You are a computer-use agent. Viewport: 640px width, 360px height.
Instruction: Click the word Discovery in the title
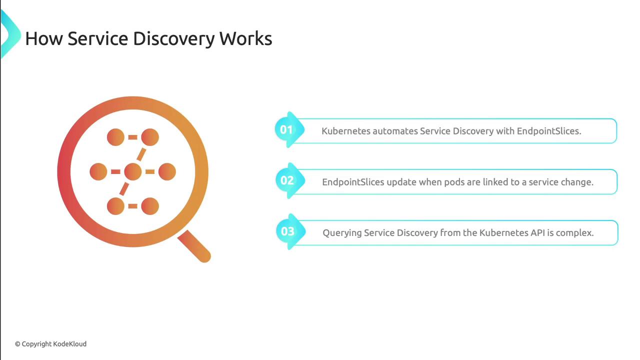click(173, 38)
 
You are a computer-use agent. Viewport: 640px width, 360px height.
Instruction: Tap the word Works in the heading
click(245, 38)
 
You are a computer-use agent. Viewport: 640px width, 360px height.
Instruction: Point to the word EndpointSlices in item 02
click(353, 182)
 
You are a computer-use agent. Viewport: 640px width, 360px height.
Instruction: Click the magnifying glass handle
click(194, 246)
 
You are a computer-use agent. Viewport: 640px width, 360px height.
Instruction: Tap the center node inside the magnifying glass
click(133, 171)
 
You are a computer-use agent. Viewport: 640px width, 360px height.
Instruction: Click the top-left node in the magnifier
click(115, 137)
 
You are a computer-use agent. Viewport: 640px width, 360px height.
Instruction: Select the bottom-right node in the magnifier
click(150, 206)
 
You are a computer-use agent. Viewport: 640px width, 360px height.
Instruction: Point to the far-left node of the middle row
click(98, 171)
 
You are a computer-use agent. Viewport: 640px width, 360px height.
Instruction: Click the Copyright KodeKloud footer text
click(50, 344)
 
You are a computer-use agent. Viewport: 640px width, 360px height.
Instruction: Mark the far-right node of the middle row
click(167, 171)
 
